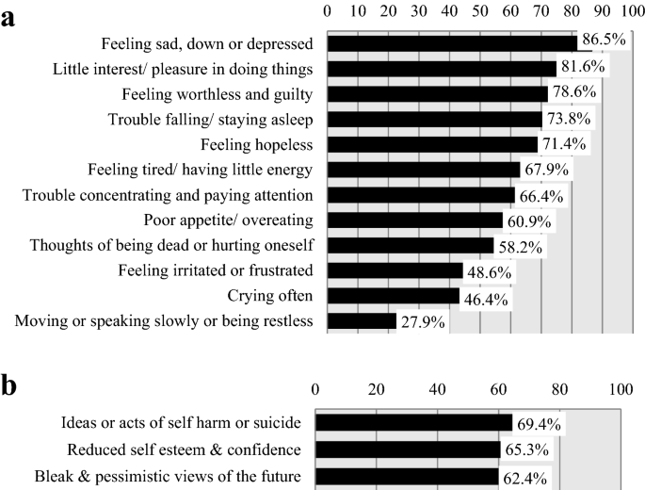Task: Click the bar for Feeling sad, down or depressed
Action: tap(452, 43)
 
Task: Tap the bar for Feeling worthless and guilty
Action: tap(437, 94)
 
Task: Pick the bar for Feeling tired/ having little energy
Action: tap(423, 170)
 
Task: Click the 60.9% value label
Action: tap(531, 220)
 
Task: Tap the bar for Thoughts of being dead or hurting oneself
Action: tap(410, 246)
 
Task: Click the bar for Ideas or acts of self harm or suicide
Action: tap(413, 422)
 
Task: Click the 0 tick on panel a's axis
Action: tap(327, 10)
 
